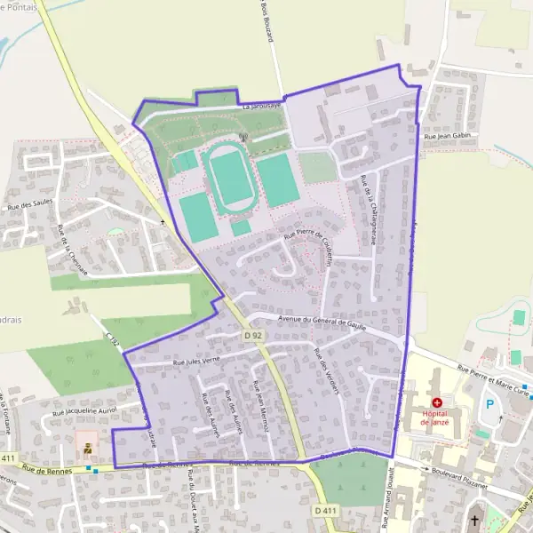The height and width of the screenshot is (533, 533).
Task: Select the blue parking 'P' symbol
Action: click(x=489, y=404)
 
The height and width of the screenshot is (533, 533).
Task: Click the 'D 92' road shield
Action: click(x=253, y=336)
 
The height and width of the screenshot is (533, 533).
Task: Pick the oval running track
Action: click(x=229, y=178)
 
